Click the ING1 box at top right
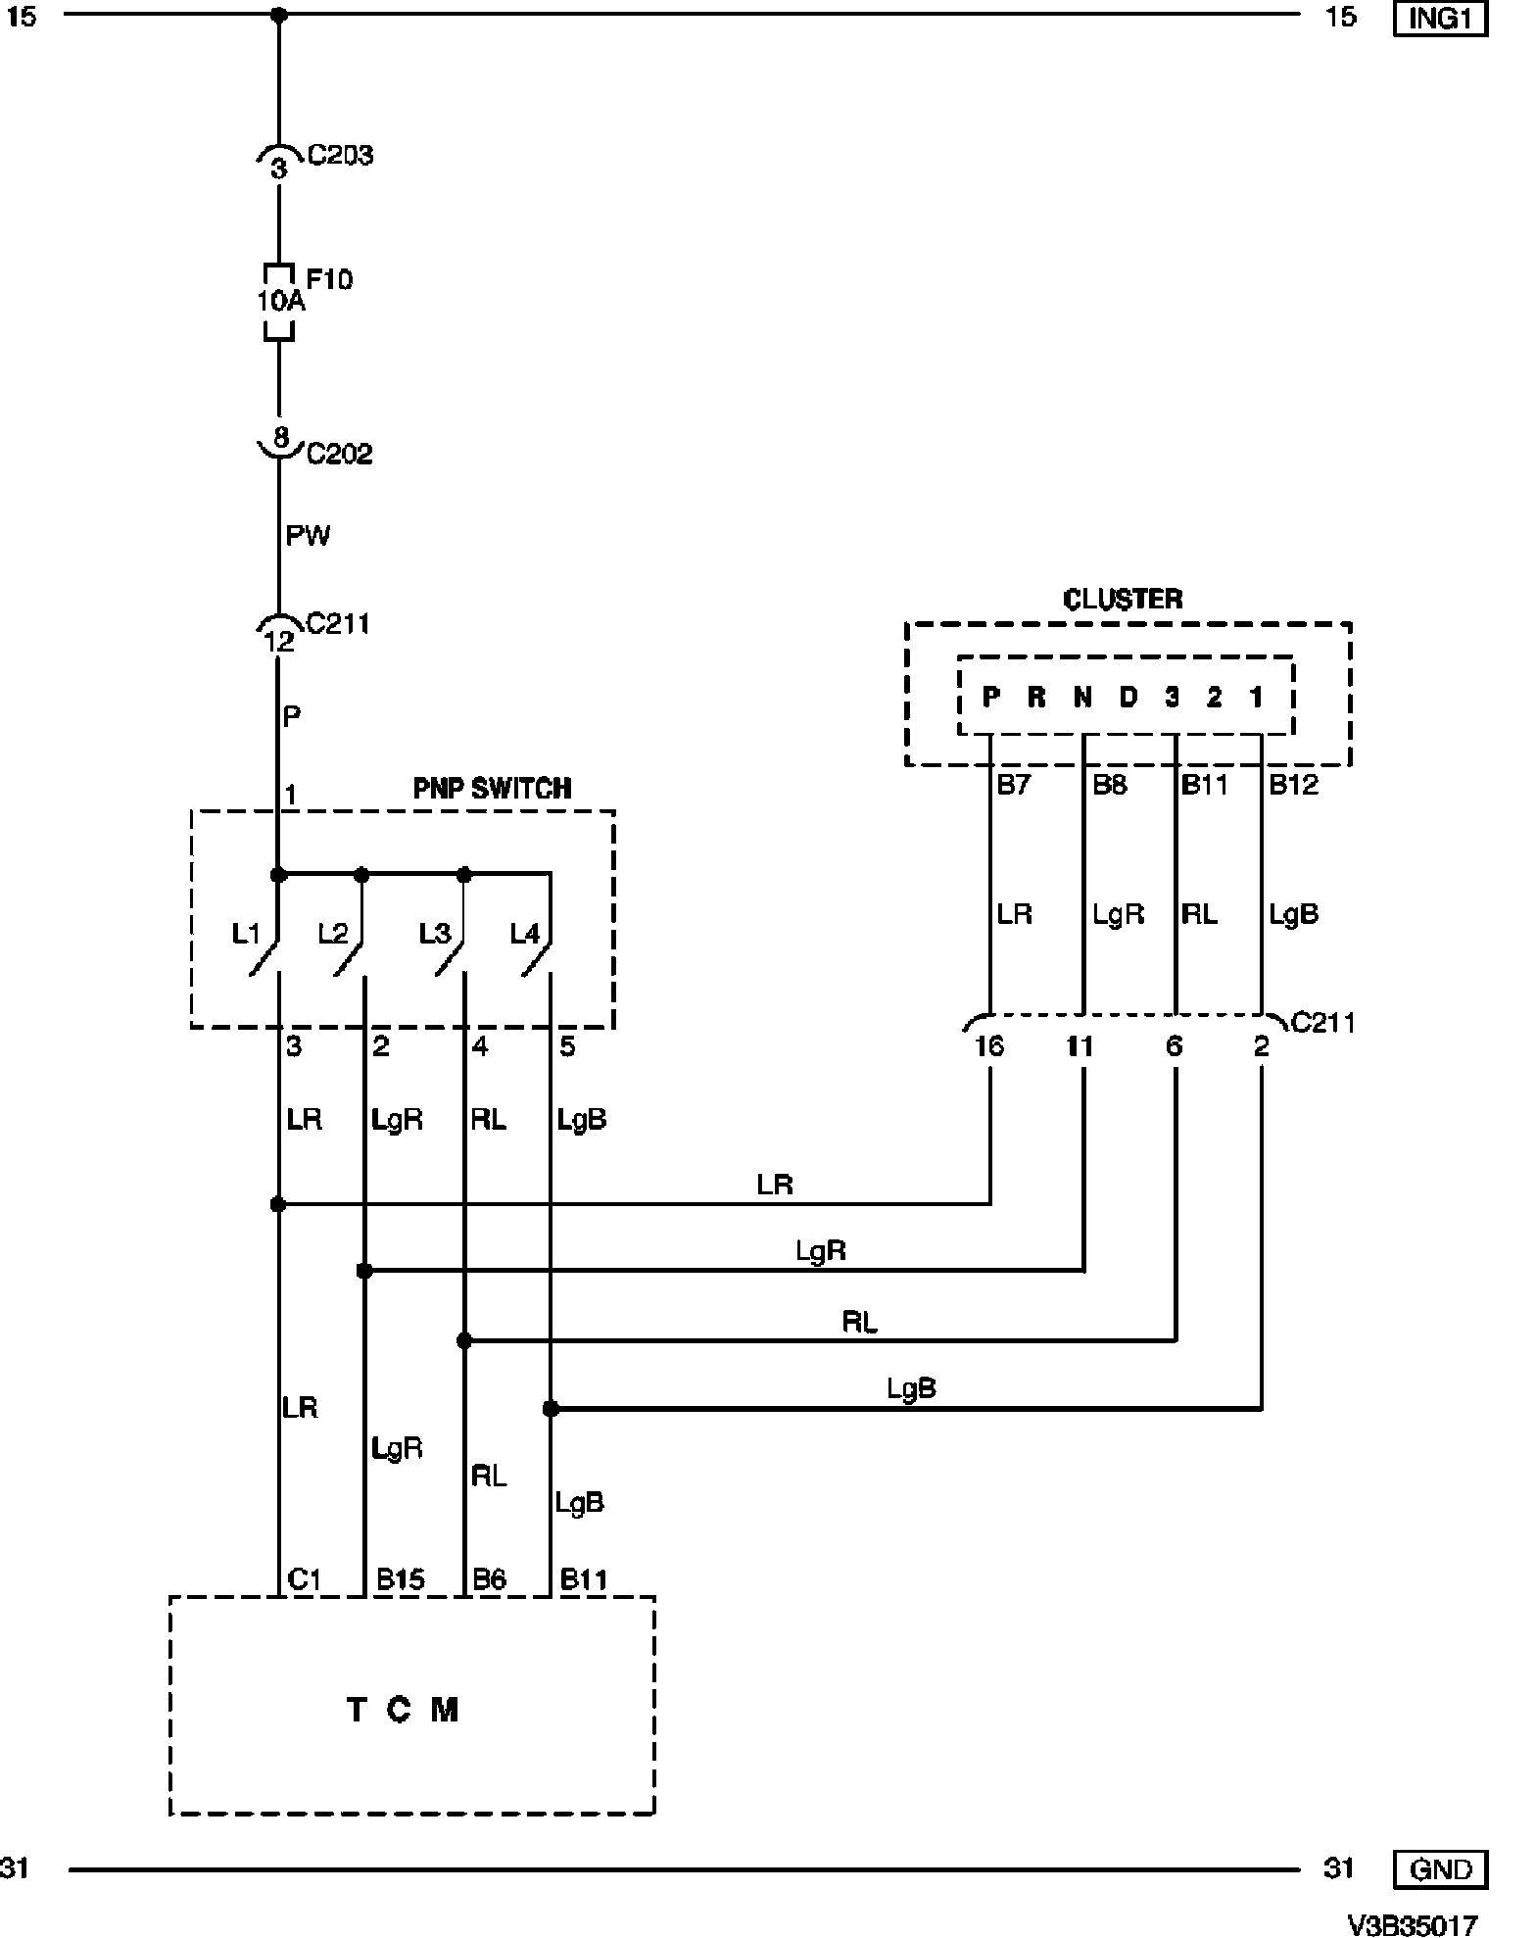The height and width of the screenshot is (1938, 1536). click(x=1439, y=19)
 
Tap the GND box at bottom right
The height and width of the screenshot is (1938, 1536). click(x=1439, y=1868)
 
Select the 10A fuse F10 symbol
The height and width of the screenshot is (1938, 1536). click(x=279, y=302)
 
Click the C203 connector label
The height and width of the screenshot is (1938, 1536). click(x=340, y=156)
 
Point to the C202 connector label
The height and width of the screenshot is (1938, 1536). click(x=339, y=454)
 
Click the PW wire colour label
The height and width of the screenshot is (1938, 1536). click(x=308, y=536)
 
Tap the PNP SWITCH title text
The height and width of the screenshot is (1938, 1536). click(x=492, y=789)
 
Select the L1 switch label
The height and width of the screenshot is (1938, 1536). click(x=246, y=934)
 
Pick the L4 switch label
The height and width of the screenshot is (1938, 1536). click(x=524, y=934)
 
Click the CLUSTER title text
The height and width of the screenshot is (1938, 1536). click(x=1123, y=599)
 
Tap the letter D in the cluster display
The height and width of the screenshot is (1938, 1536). click(x=1128, y=697)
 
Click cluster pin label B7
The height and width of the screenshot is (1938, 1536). click(x=1014, y=785)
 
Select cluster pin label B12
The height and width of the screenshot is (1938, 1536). click(x=1293, y=785)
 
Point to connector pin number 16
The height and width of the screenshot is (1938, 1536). click(x=989, y=1046)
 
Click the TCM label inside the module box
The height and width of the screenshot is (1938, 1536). click(x=403, y=1710)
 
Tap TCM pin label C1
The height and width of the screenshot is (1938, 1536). click(x=304, y=1579)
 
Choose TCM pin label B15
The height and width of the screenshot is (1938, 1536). click(x=401, y=1579)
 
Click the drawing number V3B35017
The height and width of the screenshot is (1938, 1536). click(x=1412, y=1925)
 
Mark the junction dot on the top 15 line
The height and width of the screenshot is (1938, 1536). click(x=278, y=15)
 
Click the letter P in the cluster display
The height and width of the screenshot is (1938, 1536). click(x=991, y=697)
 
